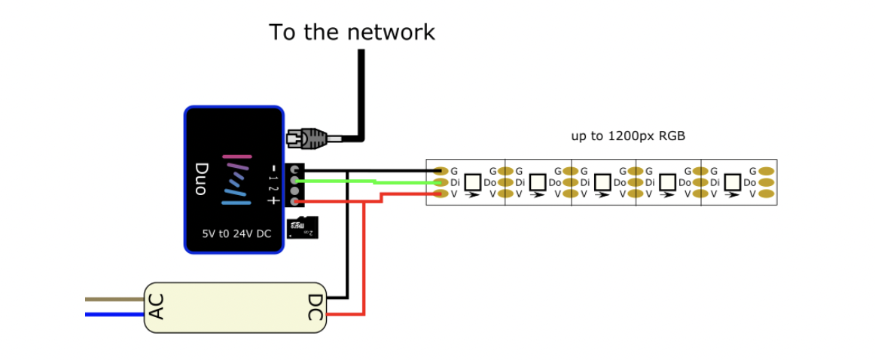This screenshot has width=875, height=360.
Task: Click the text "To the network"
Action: [x=352, y=32]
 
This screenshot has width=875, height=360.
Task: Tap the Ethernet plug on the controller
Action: [x=306, y=138]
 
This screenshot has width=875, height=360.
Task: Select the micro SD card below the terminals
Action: [x=303, y=227]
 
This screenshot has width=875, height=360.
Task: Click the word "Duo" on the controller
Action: [x=201, y=179]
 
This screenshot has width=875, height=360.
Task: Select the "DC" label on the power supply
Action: [x=314, y=307]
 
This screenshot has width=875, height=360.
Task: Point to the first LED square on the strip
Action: [x=473, y=182]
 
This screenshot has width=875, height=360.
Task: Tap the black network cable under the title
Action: [x=361, y=90]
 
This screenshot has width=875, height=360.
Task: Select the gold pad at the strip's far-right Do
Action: [x=767, y=182]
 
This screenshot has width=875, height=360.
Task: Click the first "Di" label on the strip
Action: [x=456, y=182]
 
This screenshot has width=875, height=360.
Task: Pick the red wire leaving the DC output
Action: [x=364, y=256]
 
